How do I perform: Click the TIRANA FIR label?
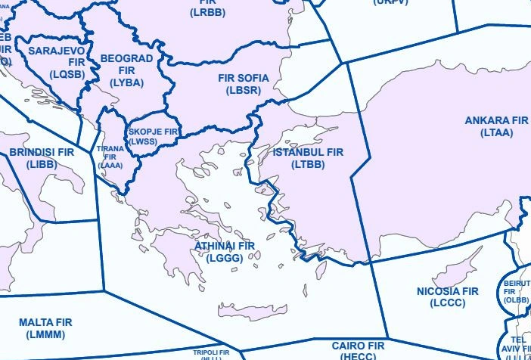pyautogui.click(x=110, y=157)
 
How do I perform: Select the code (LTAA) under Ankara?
pyautogui.click(x=496, y=132)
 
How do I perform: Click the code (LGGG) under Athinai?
pyautogui.click(x=225, y=258)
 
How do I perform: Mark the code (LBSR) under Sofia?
pyautogui.click(x=243, y=90)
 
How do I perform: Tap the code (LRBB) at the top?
pyautogui.click(x=202, y=13)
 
